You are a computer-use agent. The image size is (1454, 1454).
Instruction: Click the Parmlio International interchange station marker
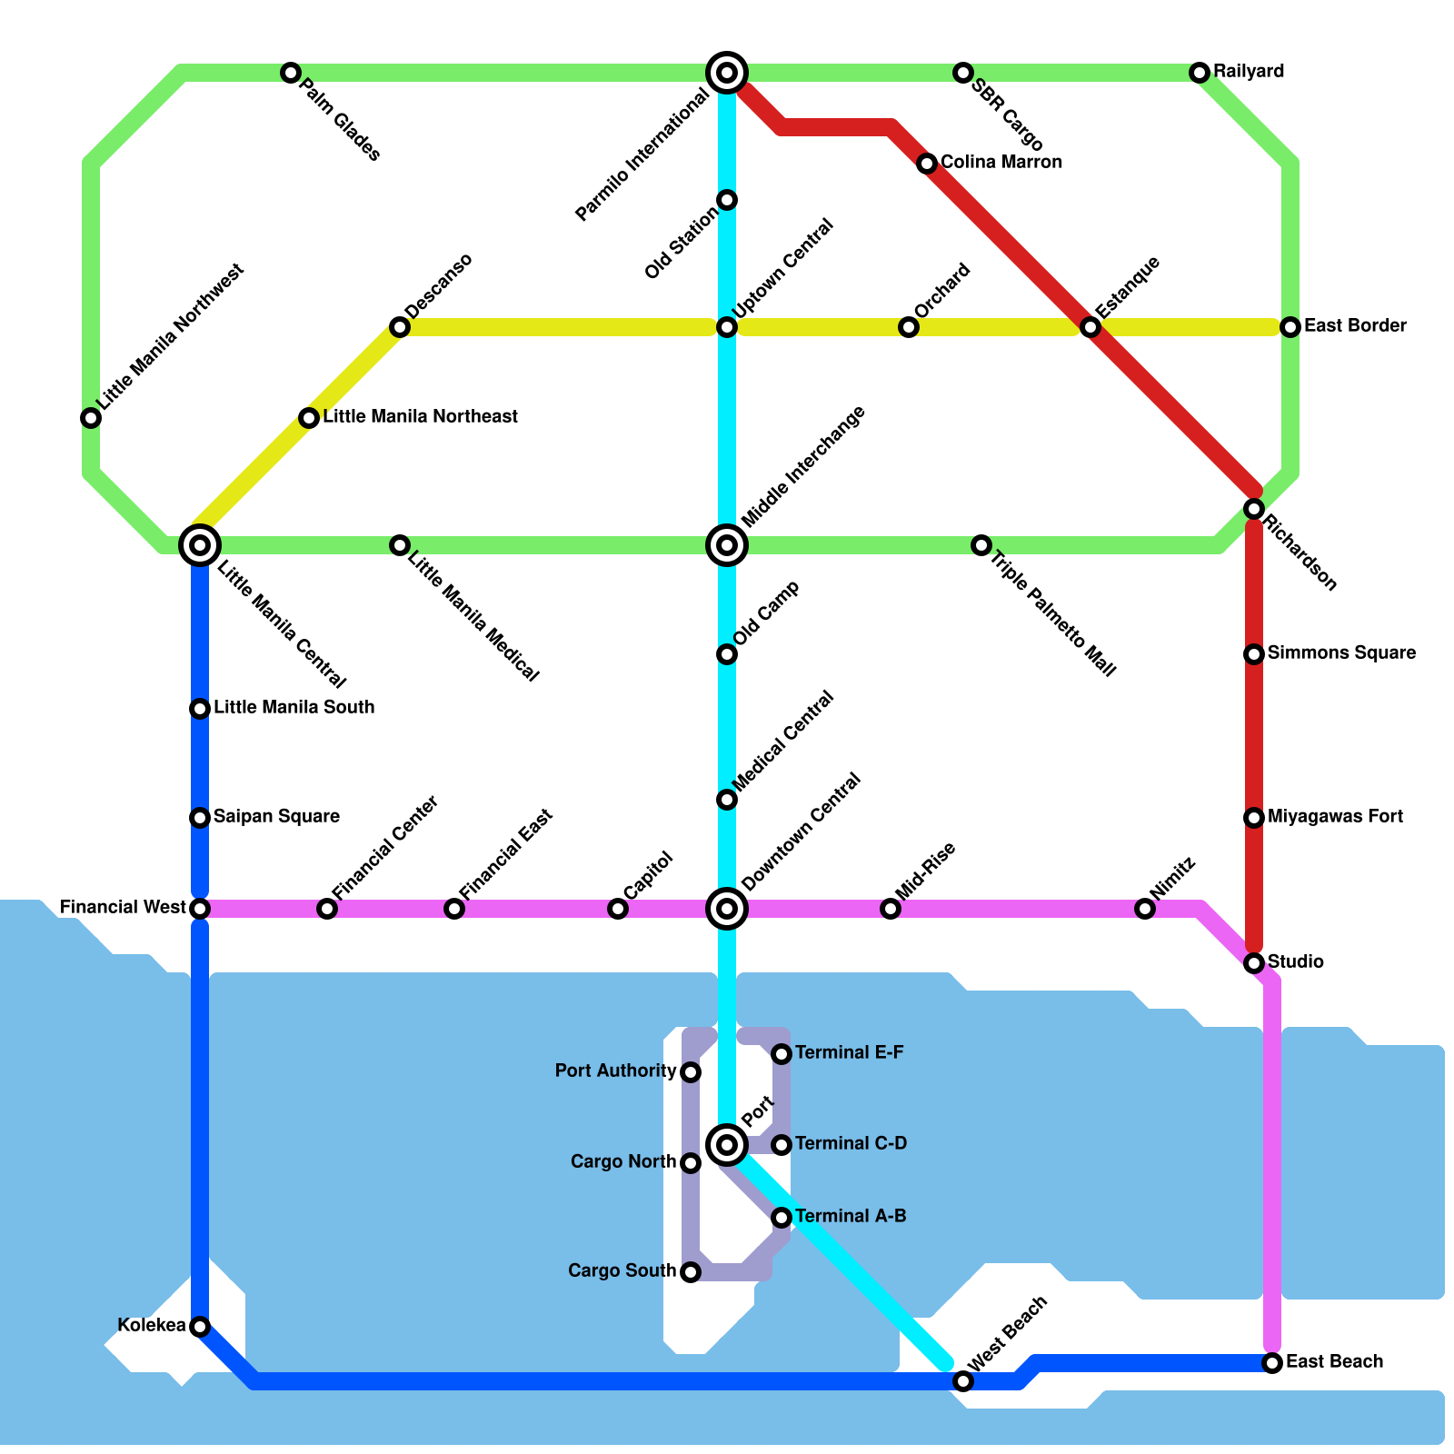pyautogui.click(x=727, y=72)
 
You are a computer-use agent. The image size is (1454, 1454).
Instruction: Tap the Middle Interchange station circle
pyautogui.click(x=727, y=545)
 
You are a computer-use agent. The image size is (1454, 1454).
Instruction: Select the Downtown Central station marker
pyautogui.click(x=727, y=908)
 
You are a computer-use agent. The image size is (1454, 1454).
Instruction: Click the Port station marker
pyautogui.click(x=727, y=1144)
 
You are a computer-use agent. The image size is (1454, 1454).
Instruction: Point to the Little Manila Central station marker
pyautogui.click(x=200, y=545)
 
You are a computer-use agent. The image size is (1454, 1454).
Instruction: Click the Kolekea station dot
pyautogui.click(x=200, y=1327)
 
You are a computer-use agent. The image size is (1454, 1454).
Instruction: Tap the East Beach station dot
pyautogui.click(x=1272, y=1362)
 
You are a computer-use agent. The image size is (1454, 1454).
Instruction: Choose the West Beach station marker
pyautogui.click(x=963, y=1381)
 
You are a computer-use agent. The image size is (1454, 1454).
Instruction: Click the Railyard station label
pyautogui.click(x=1249, y=72)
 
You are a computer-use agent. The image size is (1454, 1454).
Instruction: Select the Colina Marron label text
pyautogui.click(x=1001, y=163)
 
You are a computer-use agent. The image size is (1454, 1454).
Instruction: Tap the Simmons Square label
pyautogui.click(x=1341, y=653)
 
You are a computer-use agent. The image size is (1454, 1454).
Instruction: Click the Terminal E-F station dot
pyautogui.click(x=782, y=1054)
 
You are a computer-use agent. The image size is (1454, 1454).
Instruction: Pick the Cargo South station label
pyautogui.click(x=622, y=1271)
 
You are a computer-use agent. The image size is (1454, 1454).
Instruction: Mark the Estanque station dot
pyautogui.click(x=1090, y=327)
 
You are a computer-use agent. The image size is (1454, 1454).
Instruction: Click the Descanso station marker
pyautogui.click(x=400, y=327)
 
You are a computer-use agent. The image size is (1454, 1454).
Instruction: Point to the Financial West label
pyautogui.click(x=123, y=908)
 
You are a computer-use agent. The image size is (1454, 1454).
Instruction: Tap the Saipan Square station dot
pyautogui.click(x=200, y=818)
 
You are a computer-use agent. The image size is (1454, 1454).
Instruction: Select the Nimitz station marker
pyautogui.click(x=1145, y=908)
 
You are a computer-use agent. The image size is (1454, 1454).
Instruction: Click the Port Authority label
pyautogui.click(x=616, y=1071)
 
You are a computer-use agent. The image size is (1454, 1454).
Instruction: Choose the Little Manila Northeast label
pyautogui.click(x=420, y=417)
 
